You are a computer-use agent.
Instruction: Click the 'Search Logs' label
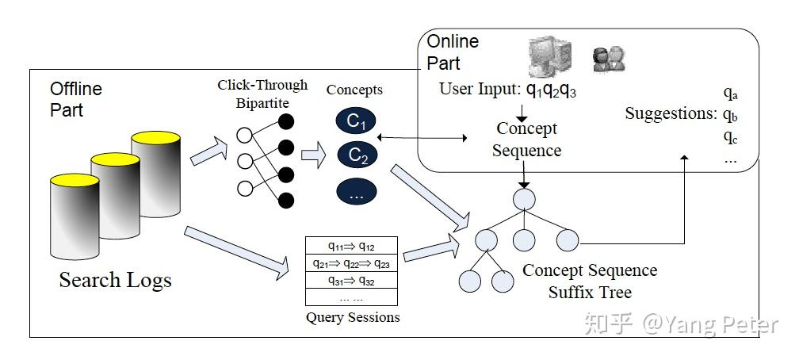point(115,279)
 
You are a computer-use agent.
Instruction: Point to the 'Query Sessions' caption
point(353,317)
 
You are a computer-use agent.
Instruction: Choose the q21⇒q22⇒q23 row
point(351,263)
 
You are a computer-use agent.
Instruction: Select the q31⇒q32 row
point(351,280)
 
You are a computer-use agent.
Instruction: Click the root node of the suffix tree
point(524,197)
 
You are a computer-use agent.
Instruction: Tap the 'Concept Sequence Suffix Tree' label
point(590,281)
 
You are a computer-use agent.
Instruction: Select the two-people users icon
point(609,58)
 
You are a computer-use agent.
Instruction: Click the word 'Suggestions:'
point(671,113)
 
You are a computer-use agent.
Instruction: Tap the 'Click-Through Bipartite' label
point(262,94)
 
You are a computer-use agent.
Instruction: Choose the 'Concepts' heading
point(354,90)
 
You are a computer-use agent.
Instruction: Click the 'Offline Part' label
point(76,98)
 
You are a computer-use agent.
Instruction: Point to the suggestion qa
point(730,94)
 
